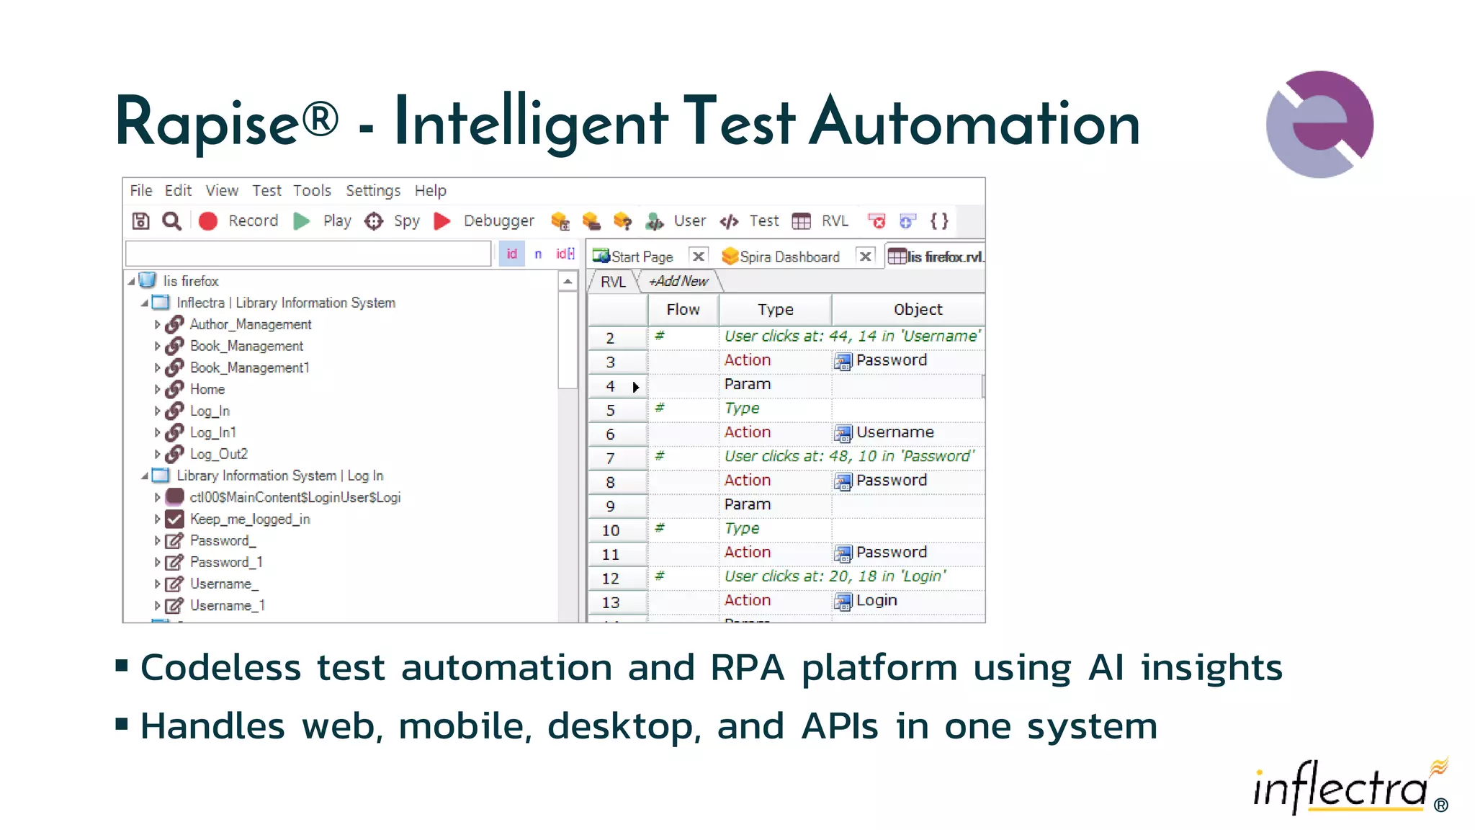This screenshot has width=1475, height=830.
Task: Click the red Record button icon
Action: (208, 221)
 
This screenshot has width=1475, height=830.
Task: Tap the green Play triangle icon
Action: (302, 221)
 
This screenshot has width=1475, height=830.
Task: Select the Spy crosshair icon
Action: (374, 221)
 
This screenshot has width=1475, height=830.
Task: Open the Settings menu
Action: (372, 191)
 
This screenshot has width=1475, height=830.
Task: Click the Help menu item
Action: (430, 191)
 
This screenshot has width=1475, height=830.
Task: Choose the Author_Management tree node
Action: (250, 325)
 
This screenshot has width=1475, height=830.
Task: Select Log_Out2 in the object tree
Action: (218, 455)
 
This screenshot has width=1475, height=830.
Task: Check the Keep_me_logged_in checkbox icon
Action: (174, 519)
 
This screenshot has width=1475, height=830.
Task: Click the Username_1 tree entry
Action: (227, 606)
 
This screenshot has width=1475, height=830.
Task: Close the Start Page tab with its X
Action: (698, 256)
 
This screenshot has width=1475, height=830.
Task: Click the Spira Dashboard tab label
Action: (789, 257)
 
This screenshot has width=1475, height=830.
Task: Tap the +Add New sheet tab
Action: (678, 282)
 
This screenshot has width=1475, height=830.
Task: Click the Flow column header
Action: (683, 310)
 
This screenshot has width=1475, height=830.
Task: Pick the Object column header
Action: (918, 310)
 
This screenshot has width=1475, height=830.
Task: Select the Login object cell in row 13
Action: (876, 601)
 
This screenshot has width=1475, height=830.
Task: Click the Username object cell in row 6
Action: (894, 432)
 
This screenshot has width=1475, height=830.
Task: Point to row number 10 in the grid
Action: (611, 531)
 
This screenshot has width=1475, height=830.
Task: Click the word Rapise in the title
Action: (207, 122)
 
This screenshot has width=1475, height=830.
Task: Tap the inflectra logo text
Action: (1340, 788)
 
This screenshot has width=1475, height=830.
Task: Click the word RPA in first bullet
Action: (747, 668)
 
